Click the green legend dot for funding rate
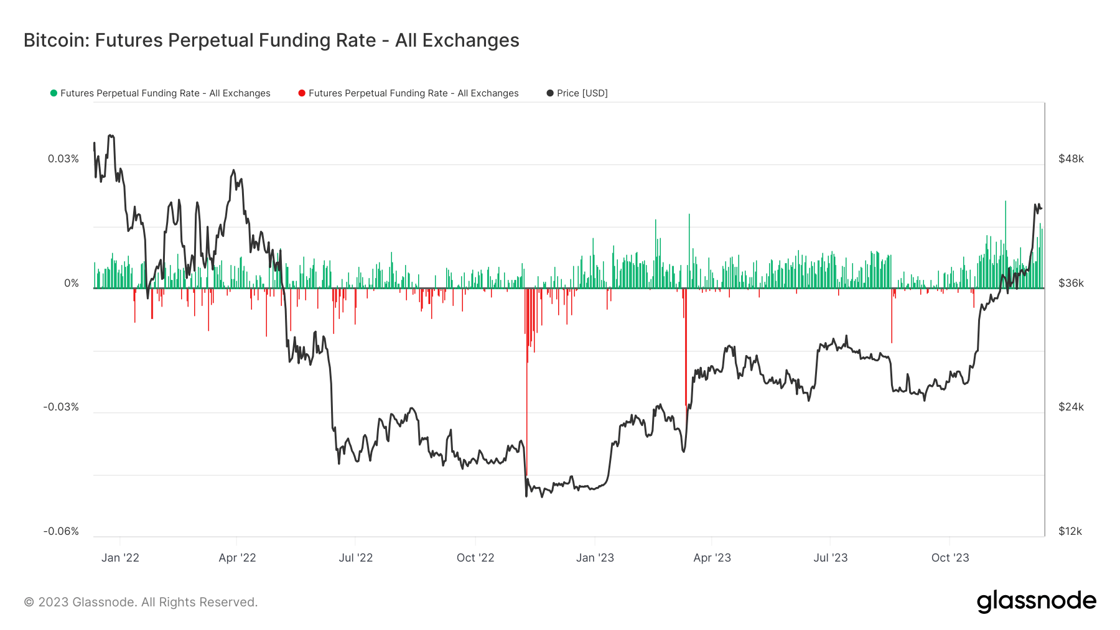(54, 93)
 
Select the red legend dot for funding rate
(302, 93)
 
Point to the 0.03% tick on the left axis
(63, 159)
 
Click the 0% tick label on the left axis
(72, 284)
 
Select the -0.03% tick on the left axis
(61, 407)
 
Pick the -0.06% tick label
(61, 532)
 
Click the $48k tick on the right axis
(1071, 159)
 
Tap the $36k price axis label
(1071, 284)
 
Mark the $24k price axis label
(1071, 407)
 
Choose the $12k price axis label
(1070, 532)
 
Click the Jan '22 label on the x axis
(120, 558)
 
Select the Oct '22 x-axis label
(475, 558)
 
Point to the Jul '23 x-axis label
(831, 558)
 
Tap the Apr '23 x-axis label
(712, 558)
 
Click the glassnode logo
(1037, 601)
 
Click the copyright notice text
(141, 602)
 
